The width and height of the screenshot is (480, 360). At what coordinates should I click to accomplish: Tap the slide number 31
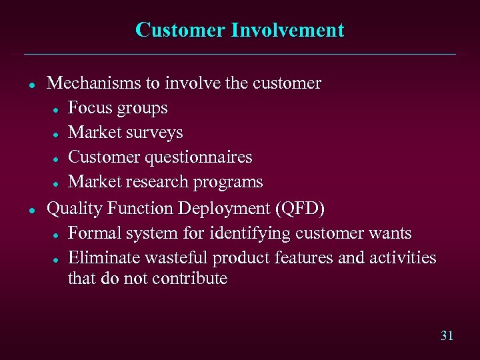(447, 335)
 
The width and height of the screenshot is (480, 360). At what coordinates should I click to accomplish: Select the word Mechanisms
(95, 83)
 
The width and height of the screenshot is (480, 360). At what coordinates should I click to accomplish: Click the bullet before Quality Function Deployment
(31, 209)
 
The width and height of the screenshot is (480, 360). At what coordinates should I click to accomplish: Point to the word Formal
(96, 233)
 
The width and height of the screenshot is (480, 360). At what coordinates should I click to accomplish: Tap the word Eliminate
(101, 258)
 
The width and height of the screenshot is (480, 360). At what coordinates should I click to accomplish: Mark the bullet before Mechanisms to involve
(31, 85)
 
